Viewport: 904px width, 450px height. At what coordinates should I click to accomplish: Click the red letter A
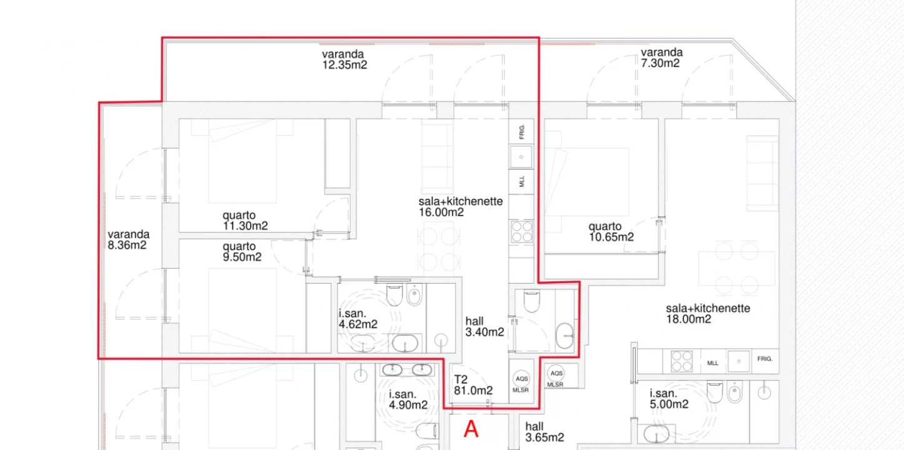(471, 429)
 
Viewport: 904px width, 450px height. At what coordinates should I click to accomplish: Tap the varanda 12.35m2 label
(344, 59)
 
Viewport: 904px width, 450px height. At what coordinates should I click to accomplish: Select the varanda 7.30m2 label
(661, 57)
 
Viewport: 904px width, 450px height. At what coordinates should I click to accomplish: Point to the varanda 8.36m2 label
(128, 240)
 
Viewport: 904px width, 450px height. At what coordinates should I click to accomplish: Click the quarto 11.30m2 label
(245, 221)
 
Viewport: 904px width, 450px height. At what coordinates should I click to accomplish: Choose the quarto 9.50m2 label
(242, 252)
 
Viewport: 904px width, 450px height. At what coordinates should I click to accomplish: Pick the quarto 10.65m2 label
(611, 232)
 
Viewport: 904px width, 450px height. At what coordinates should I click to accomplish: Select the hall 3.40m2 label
(484, 327)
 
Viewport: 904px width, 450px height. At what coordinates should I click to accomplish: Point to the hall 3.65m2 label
(545, 432)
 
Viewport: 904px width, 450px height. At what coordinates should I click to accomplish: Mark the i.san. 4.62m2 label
(358, 319)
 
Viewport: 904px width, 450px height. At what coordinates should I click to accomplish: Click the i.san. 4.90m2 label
(408, 399)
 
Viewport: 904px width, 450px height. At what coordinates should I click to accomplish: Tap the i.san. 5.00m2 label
(668, 399)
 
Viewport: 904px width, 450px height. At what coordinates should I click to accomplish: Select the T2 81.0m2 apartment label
(473, 385)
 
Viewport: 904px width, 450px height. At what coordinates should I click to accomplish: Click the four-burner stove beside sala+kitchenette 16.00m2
(521, 231)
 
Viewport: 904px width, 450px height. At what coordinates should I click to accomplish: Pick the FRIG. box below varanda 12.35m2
(521, 131)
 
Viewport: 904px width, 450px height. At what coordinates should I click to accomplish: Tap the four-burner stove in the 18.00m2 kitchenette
(681, 360)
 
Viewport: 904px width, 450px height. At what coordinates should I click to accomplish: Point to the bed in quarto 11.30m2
(242, 161)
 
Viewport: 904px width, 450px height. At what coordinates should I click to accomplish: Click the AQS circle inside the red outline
(521, 379)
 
